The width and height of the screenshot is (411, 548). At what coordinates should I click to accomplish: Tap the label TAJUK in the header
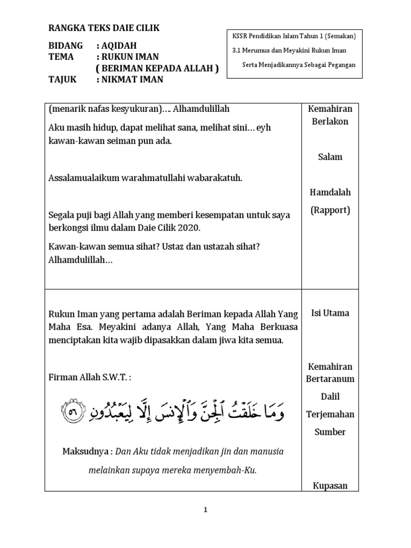[62, 80]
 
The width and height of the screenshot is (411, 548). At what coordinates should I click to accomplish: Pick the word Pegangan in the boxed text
[340, 65]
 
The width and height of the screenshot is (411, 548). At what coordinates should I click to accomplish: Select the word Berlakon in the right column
[330, 121]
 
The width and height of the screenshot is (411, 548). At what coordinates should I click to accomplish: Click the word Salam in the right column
[330, 157]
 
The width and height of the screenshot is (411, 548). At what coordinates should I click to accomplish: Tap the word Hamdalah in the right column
[330, 192]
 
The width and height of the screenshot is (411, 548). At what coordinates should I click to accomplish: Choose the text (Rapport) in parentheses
[330, 210]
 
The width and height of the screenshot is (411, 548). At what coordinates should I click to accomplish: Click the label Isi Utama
[330, 313]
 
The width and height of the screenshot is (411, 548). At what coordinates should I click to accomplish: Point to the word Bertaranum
[330, 379]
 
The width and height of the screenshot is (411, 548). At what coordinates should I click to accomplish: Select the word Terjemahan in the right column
[330, 414]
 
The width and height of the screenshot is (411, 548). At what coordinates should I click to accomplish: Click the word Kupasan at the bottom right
[330, 486]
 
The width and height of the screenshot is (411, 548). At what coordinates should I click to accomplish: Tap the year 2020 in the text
[189, 228]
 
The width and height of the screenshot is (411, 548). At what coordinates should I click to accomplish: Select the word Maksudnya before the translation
[84, 452]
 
